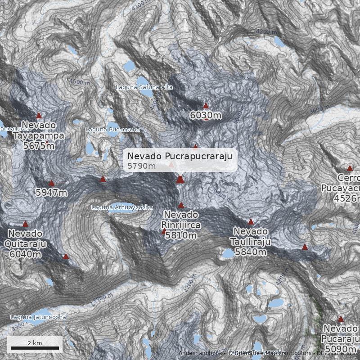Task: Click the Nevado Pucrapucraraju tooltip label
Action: coord(180,156)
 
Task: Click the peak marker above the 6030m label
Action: coord(206,106)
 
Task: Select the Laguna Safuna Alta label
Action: coord(144,87)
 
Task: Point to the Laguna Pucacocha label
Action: coord(112,129)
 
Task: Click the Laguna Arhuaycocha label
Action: coord(122,207)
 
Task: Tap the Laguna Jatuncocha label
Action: coord(38,317)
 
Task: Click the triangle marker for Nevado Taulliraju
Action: coord(251,222)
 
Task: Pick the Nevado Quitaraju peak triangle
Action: coord(26,224)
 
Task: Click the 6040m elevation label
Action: coord(25,254)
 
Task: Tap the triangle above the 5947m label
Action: coord(51,183)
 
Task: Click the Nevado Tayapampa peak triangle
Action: coord(39,116)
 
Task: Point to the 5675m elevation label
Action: coord(39,146)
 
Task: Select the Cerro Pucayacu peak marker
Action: coord(350,168)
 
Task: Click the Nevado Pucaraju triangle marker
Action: coord(341,319)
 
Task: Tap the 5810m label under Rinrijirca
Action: coord(181,235)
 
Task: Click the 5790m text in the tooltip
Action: coord(141,166)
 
